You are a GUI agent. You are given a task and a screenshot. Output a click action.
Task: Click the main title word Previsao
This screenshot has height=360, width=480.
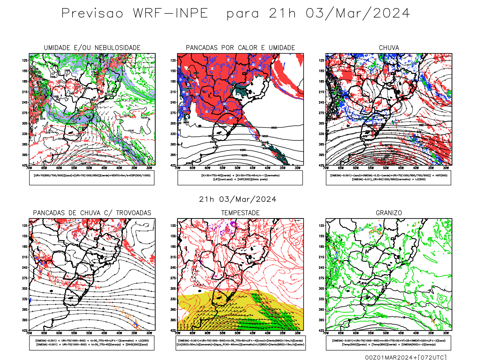tap(92, 13)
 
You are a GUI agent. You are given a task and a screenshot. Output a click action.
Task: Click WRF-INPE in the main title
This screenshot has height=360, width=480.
tap(170, 13)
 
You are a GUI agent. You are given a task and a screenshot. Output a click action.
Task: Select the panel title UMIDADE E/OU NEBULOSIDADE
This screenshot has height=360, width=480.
tap(92, 48)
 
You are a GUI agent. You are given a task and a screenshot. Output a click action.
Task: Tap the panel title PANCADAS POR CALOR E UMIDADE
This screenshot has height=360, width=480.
tap(240, 48)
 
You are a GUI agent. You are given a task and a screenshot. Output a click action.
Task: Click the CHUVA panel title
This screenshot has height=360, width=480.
tap(389, 48)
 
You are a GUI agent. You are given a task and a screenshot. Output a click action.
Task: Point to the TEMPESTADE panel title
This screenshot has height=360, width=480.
tap(240, 213)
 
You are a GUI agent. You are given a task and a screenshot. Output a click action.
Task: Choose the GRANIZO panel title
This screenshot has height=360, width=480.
tap(389, 213)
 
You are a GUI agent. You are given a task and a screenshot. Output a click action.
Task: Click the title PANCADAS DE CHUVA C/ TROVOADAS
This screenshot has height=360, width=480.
tap(92, 213)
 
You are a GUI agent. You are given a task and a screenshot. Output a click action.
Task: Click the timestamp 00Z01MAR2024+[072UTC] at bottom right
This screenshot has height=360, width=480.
tap(406, 357)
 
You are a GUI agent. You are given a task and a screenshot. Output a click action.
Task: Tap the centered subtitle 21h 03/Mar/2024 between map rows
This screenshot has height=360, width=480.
tap(238, 199)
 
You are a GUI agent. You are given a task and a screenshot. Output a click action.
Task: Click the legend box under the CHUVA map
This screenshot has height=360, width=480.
tap(388, 178)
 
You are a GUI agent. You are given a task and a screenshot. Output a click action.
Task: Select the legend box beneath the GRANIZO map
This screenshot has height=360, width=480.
tap(388, 343)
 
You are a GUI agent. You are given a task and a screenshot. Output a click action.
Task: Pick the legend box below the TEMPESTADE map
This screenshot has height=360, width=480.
tap(240, 343)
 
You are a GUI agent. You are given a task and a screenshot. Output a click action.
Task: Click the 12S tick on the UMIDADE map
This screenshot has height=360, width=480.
tap(25, 60)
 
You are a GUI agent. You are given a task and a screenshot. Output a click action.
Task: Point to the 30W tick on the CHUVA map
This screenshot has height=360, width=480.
tap(446, 168)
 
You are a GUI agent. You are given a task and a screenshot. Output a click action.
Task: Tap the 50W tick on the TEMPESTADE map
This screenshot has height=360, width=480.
tap(237, 333)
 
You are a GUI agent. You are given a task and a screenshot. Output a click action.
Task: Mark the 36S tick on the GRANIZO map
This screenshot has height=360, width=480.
tap(321, 310)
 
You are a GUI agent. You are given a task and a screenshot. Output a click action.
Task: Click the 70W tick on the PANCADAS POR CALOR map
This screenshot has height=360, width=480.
tap(178, 168)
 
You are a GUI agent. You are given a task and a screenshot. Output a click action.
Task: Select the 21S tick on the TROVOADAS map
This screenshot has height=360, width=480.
tap(25, 257)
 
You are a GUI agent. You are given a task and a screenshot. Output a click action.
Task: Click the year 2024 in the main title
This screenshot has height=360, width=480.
tap(391, 13)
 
